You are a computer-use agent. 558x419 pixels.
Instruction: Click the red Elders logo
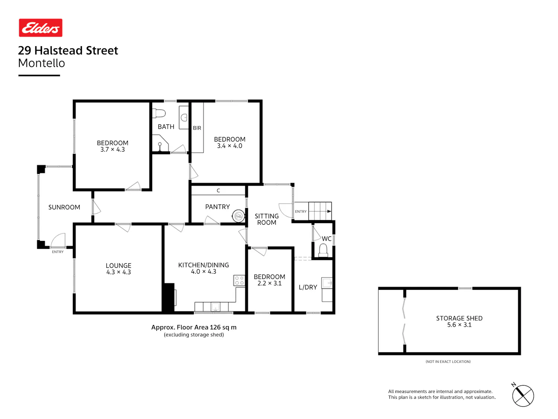[41, 28]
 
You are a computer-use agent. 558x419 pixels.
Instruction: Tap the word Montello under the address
[41, 63]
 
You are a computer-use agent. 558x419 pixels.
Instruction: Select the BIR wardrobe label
[197, 128]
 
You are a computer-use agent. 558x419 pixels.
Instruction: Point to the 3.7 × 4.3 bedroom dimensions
[112, 150]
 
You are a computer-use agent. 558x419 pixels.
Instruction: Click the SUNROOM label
[64, 207]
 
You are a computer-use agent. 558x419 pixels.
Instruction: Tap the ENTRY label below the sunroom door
[58, 252]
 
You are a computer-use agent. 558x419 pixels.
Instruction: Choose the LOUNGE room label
[118, 266]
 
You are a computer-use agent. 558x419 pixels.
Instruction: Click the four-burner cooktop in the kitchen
[239, 280]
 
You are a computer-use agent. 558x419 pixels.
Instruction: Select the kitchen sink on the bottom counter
[215, 307]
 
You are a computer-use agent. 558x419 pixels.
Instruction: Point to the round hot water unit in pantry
[238, 216]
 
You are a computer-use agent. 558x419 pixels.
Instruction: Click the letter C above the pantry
[218, 191]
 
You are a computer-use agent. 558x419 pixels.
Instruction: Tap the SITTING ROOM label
[267, 219]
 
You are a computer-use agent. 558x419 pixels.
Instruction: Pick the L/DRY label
[308, 288]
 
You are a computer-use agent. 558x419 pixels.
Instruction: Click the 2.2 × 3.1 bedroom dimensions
[269, 283]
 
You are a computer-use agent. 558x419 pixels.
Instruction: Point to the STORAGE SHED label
[459, 318]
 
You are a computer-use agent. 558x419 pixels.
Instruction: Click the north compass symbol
[523, 396]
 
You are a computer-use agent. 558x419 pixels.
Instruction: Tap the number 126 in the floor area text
[215, 327]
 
